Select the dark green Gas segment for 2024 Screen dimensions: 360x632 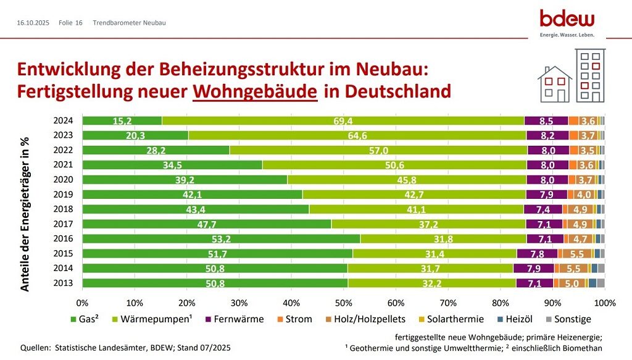pos(122,120)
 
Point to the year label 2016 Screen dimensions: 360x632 pos(64,239)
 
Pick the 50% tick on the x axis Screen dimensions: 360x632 pos(344,303)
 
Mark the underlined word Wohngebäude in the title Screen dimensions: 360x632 pos(256,91)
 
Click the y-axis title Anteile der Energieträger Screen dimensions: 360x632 pos(25,214)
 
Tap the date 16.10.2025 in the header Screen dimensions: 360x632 pos(33,23)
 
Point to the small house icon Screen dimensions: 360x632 pos(555,84)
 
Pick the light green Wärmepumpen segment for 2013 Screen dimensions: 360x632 pos(432,283)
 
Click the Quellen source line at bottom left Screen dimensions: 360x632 pos(125,348)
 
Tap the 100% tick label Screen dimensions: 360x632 pos(605,303)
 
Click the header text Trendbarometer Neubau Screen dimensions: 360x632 pos(130,23)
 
